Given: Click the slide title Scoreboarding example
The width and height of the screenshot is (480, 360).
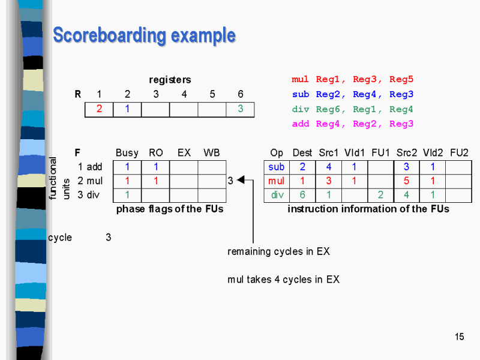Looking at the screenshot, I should pyautogui.click(x=144, y=35).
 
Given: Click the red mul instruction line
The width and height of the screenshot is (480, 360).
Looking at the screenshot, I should pyautogui.click(x=352, y=79).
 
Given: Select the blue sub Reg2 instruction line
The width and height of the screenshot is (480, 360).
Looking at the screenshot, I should pyautogui.click(x=352, y=94).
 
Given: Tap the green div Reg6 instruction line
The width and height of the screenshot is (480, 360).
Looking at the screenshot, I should pyautogui.click(x=352, y=109).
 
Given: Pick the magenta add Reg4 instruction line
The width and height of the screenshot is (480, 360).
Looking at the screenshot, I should pyautogui.click(x=352, y=124).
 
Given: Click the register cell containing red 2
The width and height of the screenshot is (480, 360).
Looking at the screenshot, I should pyautogui.click(x=99, y=109).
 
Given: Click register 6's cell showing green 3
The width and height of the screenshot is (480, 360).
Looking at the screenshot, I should pyautogui.click(x=241, y=109).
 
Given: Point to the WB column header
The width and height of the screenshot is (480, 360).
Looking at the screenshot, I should pyautogui.click(x=211, y=153).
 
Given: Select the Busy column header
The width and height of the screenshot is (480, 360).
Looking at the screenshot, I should pyautogui.click(x=127, y=153).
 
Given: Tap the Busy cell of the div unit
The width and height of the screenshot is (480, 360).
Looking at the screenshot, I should pyautogui.click(x=127, y=194).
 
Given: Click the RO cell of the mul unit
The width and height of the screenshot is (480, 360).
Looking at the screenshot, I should pyautogui.click(x=155, y=181).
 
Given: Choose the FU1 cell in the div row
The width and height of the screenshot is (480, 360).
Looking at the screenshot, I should pyautogui.click(x=380, y=194).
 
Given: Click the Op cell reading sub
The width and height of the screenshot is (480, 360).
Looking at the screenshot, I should pyautogui.click(x=277, y=167).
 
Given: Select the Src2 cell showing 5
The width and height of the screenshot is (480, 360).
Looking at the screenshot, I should pyautogui.click(x=406, y=181).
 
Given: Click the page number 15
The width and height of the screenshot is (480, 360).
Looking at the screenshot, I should pyautogui.click(x=460, y=337).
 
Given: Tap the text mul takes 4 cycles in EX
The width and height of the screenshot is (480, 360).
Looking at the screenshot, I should pyautogui.click(x=283, y=279).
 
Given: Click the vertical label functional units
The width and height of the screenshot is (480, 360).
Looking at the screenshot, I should pyautogui.click(x=59, y=178).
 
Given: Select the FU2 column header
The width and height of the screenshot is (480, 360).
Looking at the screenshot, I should pyautogui.click(x=459, y=153).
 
